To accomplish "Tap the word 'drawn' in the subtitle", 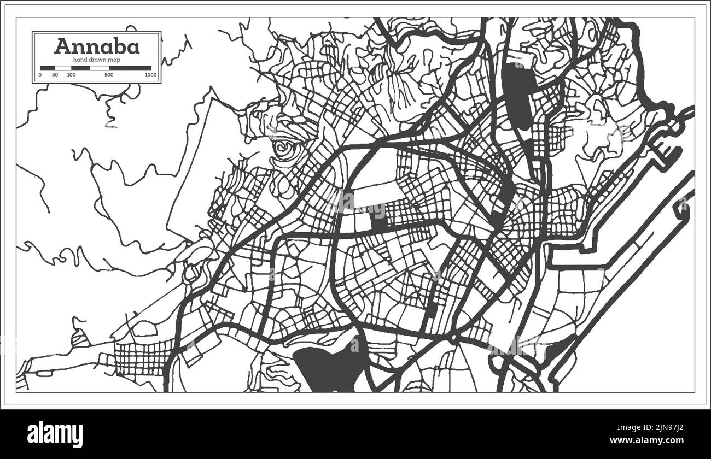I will (97, 59).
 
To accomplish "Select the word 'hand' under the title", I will (80, 59).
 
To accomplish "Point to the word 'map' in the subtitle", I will (114, 59).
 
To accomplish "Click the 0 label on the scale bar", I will (40, 75).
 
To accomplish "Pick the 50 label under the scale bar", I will (55, 75).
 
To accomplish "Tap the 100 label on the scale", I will (71, 75).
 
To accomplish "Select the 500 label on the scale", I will (108, 75).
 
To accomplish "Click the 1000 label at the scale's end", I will (150, 75).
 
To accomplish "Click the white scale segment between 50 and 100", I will (63, 68).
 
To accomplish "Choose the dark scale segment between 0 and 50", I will (48, 68).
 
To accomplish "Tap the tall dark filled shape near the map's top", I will (518, 96).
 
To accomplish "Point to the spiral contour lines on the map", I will (284, 148).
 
